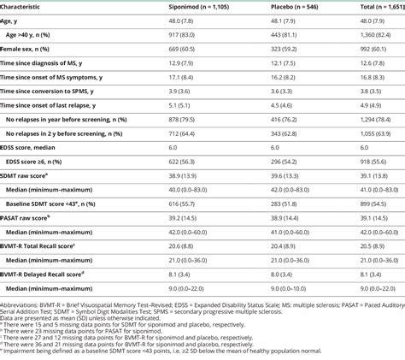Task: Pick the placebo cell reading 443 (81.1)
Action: (x=284, y=35)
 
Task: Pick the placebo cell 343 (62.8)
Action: (x=284, y=132)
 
